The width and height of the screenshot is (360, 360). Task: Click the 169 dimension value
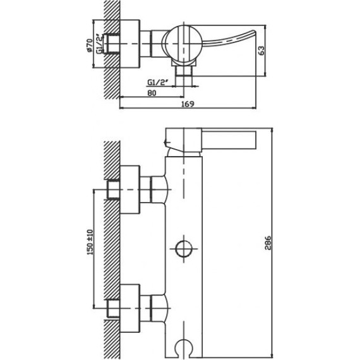point(188,104)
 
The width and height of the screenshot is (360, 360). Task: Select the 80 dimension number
point(152,93)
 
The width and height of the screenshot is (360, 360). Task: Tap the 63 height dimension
point(261,51)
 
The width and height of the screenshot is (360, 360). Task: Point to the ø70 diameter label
point(90,45)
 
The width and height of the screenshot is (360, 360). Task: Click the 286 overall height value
point(268,243)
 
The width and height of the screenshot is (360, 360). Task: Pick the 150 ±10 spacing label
point(90,243)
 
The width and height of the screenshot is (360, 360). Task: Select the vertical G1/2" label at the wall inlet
point(99,44)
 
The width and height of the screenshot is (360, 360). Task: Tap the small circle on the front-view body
point(184,249)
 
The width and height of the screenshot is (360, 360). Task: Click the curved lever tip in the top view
point(253,32)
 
